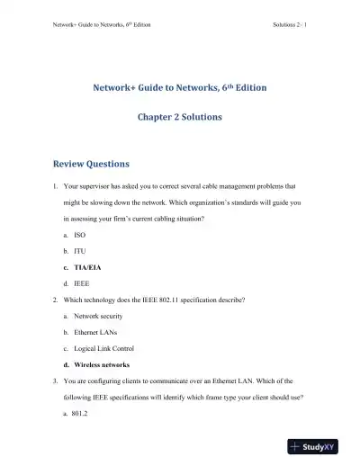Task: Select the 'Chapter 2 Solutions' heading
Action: (x=179, y=117)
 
